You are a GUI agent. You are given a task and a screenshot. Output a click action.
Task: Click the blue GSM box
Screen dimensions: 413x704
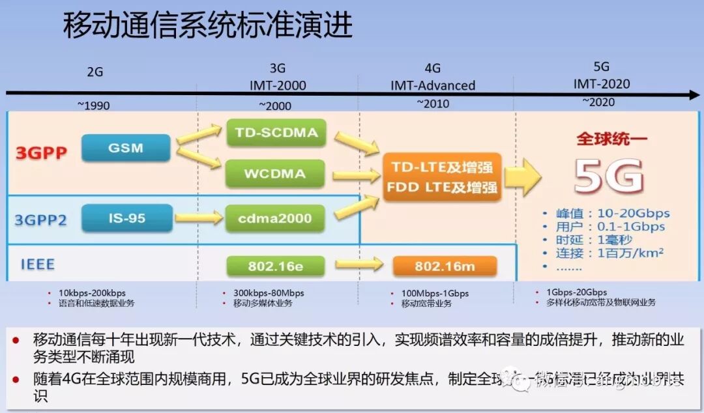pos(126,148)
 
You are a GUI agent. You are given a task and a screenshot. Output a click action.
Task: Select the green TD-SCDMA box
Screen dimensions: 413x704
pos(276,134)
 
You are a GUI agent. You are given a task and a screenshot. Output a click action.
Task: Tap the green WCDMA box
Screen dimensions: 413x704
pos(275,175)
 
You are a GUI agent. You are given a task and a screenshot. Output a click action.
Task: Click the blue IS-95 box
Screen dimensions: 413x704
pos(127,218)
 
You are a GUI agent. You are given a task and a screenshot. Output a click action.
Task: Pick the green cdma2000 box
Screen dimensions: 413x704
pos(275,218)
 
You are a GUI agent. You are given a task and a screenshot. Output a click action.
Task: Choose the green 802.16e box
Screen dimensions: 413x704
pos(275,266)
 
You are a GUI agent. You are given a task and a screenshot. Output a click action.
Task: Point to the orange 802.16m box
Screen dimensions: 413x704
pos(445,266)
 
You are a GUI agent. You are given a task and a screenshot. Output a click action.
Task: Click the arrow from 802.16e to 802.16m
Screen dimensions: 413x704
pos(359,264)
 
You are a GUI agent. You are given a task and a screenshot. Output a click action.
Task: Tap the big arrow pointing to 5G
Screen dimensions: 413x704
pos(523,177)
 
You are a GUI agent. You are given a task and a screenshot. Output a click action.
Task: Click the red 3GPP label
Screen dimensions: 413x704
pos(41,154)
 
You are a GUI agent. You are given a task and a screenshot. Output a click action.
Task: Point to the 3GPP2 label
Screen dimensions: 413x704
pos(40,220)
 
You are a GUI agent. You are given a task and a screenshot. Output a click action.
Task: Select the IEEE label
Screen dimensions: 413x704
pos(37,264)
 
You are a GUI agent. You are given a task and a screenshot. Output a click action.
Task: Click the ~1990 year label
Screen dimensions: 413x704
pos(95,106)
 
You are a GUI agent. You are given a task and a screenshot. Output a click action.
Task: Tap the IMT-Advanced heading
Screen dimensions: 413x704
pos(433,85)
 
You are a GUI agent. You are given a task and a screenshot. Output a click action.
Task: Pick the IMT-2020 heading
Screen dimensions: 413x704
pos(602,84)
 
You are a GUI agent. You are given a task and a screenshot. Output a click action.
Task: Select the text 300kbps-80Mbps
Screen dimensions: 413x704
pos(269,292)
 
